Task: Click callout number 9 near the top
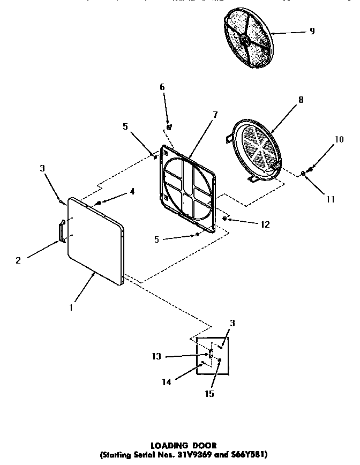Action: (x=312, y=31)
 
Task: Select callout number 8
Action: (x=301, y=99)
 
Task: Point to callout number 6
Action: (x=162, y=87)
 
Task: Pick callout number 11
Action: (x=331, y=199)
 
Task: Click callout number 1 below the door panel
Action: (x=71, y=307)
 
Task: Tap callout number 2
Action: (x=19, y=261)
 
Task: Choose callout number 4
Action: (x=132, y=191)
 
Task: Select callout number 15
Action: (x=209, y=394)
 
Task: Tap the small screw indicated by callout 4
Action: (x=99, y=203)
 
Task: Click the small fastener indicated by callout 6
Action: (x=169, y=127)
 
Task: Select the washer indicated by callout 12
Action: (x=224, y=219)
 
